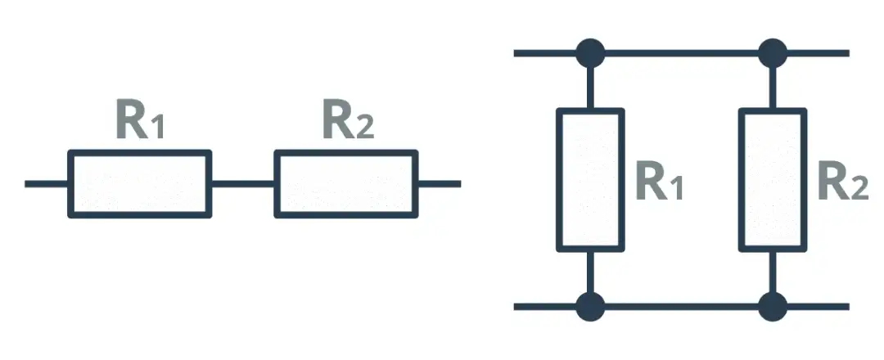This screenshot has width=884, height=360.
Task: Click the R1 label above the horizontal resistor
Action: point(140,122)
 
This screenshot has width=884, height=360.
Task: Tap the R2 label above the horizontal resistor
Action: point(347,122)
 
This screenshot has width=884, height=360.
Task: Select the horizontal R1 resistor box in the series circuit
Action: point(140,183)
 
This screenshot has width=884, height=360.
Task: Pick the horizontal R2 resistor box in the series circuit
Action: point(346,183)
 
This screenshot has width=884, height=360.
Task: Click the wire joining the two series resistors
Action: point(243,183)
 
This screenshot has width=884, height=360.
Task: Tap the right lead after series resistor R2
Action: point(439,183)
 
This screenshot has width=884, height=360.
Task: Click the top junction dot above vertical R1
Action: point(590,53)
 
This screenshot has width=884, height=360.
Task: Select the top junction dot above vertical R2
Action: point(772,53)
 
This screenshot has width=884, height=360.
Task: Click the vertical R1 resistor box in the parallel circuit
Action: point(590,179)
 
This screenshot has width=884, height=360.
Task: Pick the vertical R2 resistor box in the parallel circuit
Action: point(772,179)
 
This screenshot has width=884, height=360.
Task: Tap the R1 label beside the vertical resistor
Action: point(659,185)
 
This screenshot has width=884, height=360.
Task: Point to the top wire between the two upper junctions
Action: point(681,53)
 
